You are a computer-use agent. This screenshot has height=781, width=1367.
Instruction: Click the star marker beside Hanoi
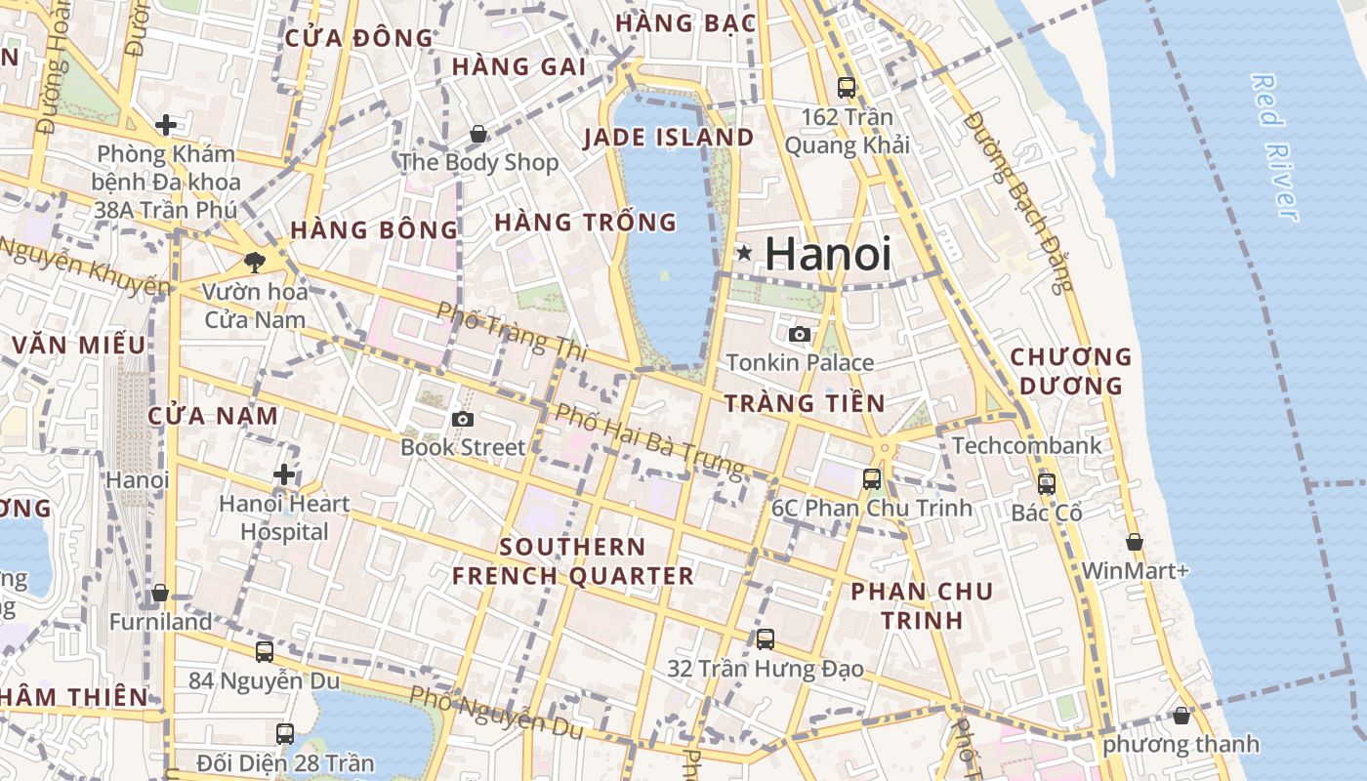pos(744,254)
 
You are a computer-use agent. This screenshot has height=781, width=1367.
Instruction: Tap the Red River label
pos(1274,146)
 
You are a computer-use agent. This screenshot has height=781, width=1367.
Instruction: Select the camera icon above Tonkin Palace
pos(800,334)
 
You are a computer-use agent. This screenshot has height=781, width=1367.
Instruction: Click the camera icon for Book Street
pos(463,419)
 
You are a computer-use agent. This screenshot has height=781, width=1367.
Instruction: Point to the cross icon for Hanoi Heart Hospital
pos(284,474)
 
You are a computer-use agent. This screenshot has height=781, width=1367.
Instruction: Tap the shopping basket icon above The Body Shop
pos(478,134)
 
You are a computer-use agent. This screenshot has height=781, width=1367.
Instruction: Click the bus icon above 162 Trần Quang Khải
pos(847,88)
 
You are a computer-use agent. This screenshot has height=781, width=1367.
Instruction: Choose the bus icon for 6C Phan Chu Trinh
pos(872,479)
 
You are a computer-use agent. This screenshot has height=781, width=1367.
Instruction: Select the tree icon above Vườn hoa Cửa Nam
pos(255,262)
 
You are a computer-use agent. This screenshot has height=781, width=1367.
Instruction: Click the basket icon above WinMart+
pos(1135,542)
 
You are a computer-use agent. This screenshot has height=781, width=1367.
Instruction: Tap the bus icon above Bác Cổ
pos(1047,483)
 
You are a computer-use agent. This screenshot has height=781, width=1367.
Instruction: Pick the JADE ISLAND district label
pos(669,138)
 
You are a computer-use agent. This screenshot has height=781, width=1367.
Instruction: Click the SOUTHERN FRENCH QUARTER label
pos(572,561)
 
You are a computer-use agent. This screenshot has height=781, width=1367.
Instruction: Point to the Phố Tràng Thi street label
pos(509,330)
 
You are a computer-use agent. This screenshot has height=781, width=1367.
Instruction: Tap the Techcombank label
pos(1026,446)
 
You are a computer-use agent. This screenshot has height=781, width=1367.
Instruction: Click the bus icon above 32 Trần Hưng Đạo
pos(766,639)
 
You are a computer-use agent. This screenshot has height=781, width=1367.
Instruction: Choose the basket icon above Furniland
pos(160,593)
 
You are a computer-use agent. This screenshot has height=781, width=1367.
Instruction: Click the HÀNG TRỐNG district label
pos(585,223)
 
